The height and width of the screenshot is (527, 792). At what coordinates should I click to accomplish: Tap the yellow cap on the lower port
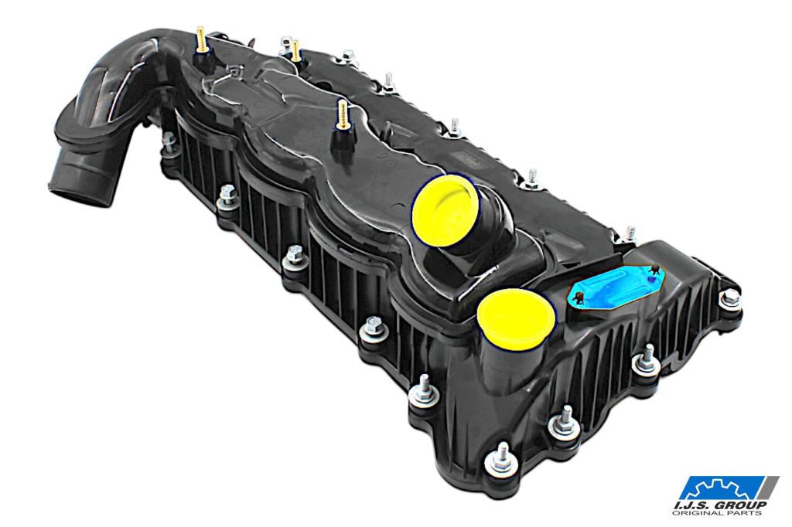(x=516, y=320)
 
